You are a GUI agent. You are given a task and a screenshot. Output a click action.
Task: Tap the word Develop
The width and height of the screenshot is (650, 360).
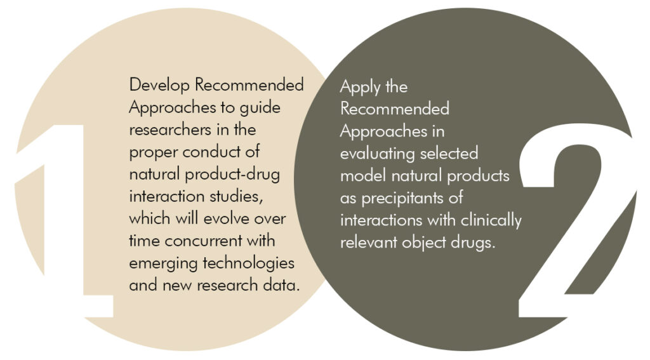click(x=159, y=86)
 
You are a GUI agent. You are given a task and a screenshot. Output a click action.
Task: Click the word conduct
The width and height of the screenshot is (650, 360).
click(x=211, y=152)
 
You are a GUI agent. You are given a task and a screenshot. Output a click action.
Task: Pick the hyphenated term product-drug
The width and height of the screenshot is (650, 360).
click(x=232, y=175)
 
